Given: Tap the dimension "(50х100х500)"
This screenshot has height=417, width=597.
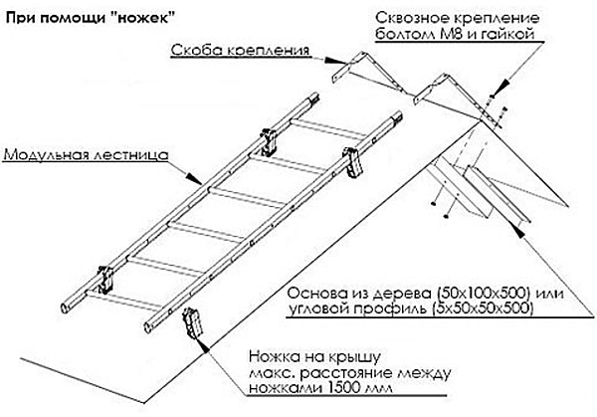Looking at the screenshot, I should tap(443, 293).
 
